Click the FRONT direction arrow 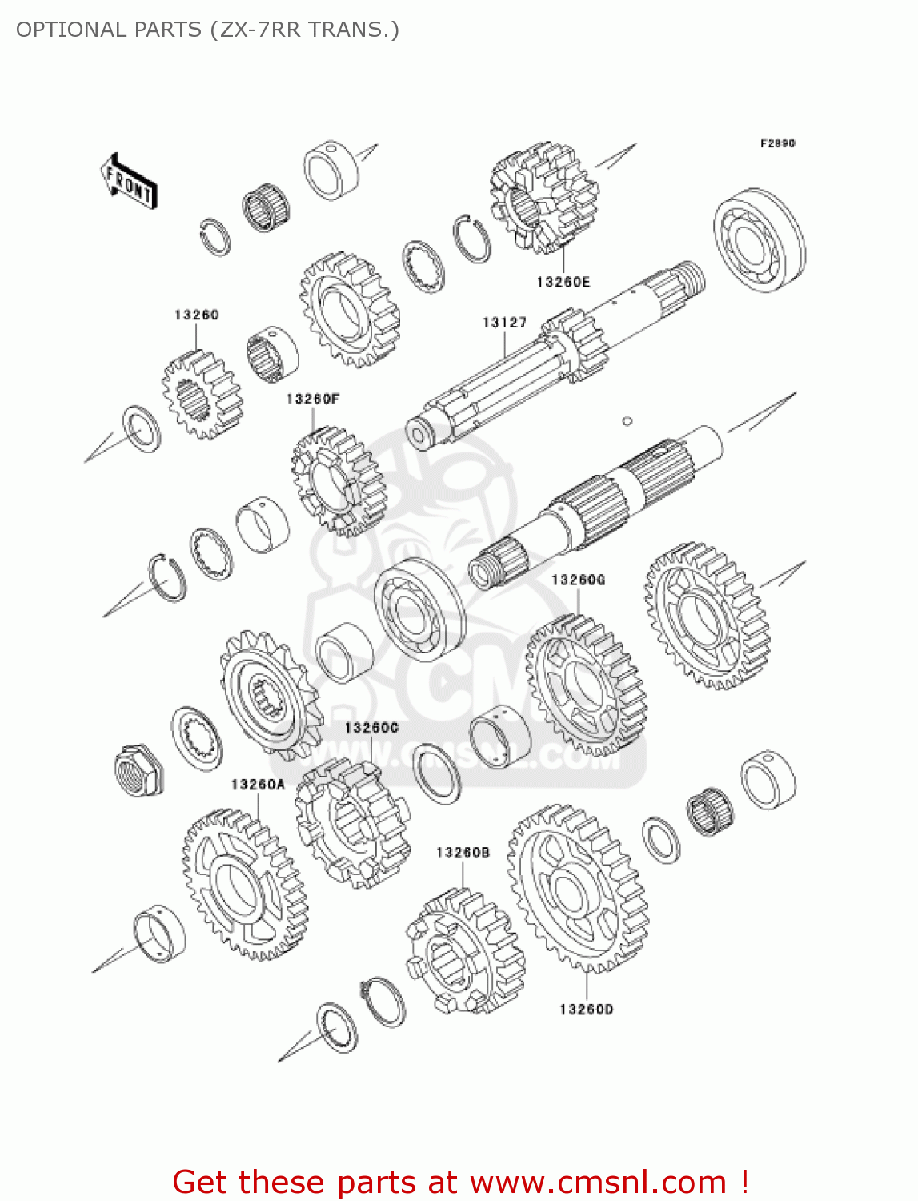pos(129,182)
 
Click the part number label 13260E pos(563,282)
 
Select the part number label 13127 pos(504,323)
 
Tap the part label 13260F pos(313,399)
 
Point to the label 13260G pos(578,580)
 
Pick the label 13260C pos(371,728)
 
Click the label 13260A pos(258,785)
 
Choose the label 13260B pos(463,853)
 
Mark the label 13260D pos(586,1010)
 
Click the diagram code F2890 pos(777,143)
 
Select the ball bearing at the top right pos(759,240)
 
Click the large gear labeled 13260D pos(578,888)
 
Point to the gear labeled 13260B pos(464,953)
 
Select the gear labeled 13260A pos(244,884)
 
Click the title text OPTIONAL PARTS pos(109,30)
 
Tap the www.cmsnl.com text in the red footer pos(598,1183)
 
